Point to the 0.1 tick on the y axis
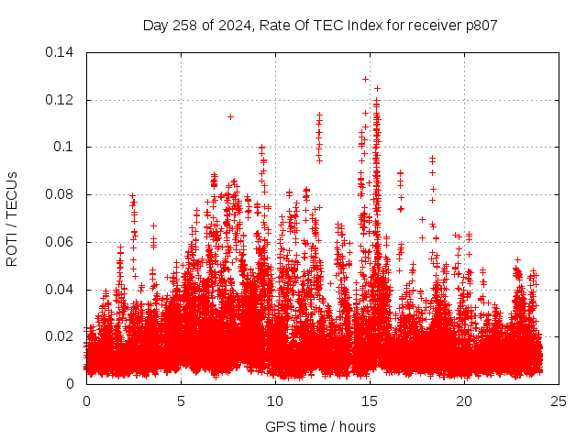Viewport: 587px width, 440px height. click(66, 147)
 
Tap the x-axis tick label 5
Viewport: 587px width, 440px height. click(181, 401)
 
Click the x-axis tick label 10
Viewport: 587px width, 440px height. click(275, 401)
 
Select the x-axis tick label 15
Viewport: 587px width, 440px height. click(370, 401)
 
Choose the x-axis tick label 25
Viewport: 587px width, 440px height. click(559, 401)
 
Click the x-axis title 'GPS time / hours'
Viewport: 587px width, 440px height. click(320, 426)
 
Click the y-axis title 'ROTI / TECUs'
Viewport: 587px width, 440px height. click(13, 218)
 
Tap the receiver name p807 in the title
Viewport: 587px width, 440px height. click(481, 25)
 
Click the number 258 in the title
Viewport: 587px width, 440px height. click(183, 25)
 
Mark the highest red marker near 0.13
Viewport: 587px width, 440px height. click(365, 79)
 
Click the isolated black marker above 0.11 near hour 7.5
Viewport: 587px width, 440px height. click(230, 116)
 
